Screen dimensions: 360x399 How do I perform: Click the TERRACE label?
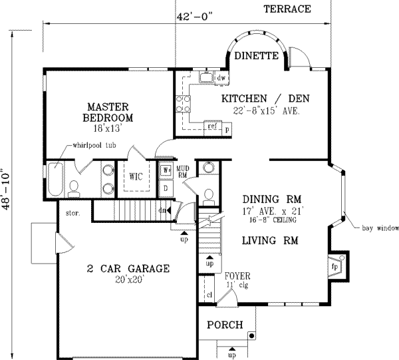(287, 9)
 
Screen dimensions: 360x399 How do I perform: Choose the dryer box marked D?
(166, 188)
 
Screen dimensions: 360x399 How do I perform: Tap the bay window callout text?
(380, 229)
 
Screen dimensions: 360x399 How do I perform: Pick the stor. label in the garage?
(73, 214)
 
